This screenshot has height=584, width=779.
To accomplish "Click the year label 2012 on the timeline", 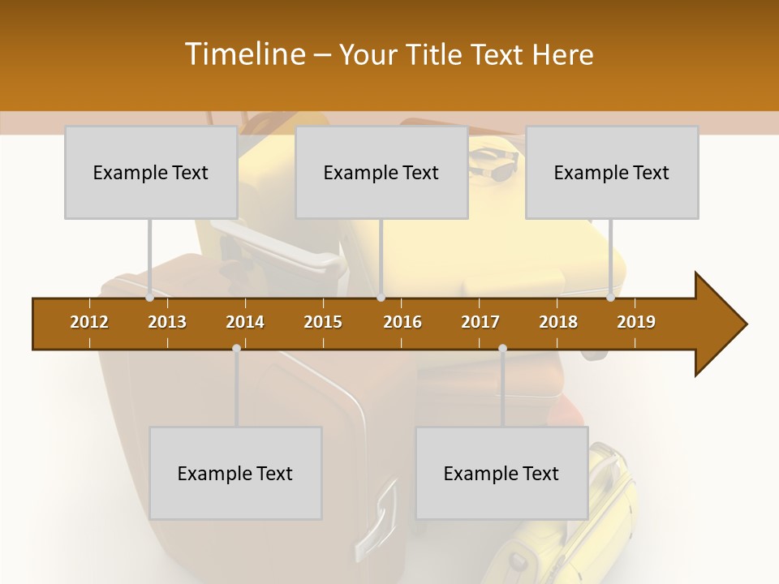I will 89,322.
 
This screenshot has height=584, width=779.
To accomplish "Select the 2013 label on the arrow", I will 167,322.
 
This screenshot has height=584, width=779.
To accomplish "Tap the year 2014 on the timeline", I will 245,322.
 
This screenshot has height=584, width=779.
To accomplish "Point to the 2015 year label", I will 323,322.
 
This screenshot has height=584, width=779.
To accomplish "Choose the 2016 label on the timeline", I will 402,322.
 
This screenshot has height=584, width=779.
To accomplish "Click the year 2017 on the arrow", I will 480,322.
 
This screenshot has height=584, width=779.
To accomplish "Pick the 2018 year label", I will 558,322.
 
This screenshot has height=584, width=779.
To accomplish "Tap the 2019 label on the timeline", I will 636,322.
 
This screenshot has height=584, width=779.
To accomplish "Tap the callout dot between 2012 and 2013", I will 150,298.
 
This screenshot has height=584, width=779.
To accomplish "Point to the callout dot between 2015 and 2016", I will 381,298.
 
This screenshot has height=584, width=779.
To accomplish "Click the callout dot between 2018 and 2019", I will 611,298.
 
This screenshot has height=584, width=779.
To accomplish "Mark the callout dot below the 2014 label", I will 236,349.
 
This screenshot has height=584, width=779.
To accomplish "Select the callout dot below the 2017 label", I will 502,349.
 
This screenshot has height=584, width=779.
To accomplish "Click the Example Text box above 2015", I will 381,172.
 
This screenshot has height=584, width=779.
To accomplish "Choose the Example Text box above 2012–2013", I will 151,172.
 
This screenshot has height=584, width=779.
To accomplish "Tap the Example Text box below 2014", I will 235,473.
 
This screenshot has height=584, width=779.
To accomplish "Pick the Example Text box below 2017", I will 501,473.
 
